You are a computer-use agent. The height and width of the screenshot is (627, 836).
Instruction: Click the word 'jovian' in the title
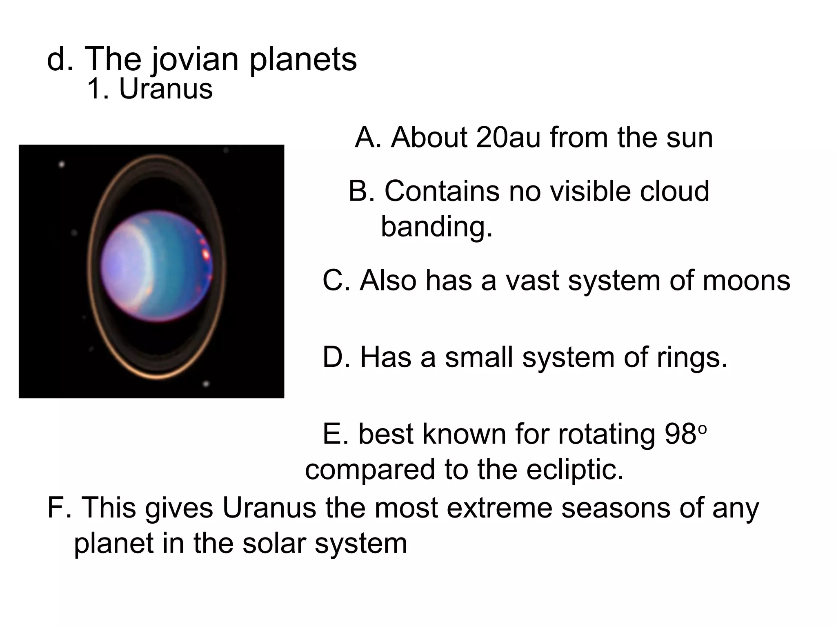[195, 60]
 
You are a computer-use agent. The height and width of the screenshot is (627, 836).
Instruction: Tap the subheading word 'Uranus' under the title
[166, 89]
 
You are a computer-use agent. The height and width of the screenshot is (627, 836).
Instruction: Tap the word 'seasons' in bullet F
[616, 508]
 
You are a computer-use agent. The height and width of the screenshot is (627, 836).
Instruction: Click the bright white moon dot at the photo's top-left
[62, 165]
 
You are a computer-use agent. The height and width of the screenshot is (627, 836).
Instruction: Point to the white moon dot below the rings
[206, 384]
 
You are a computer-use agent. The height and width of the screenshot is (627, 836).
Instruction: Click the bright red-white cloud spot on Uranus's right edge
[206, 254]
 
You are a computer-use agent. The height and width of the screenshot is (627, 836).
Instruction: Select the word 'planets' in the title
[303, 60]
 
